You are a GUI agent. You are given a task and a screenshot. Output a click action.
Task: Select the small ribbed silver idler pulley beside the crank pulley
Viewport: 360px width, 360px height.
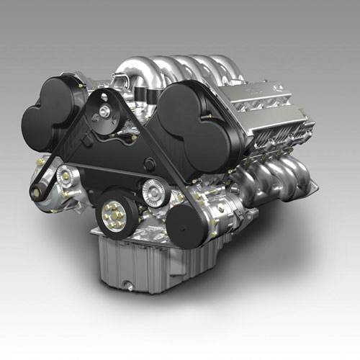[x=153, y=191]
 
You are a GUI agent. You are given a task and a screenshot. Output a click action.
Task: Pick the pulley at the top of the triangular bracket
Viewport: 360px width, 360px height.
[x=106, y=110]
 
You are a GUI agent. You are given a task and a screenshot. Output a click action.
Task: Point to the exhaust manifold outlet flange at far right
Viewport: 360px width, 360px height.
[x=311, y=189]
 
